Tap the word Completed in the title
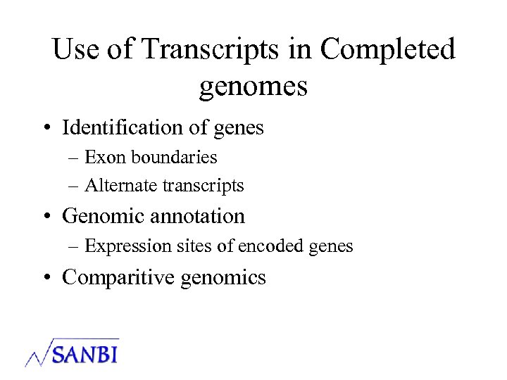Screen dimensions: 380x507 pyautogui.click(x=387, y=50)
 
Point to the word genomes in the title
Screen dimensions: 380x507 pyautogui.click(x=254, y=87)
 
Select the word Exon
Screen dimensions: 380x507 pyautogui.click(x=104, y=157)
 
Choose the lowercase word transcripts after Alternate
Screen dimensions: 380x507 pyautogui.click(x=204, y=186)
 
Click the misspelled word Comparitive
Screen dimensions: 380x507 pyautogui.click(x=118, y=277)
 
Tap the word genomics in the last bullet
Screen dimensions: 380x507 pyautogui.click(x=223, y=278)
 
